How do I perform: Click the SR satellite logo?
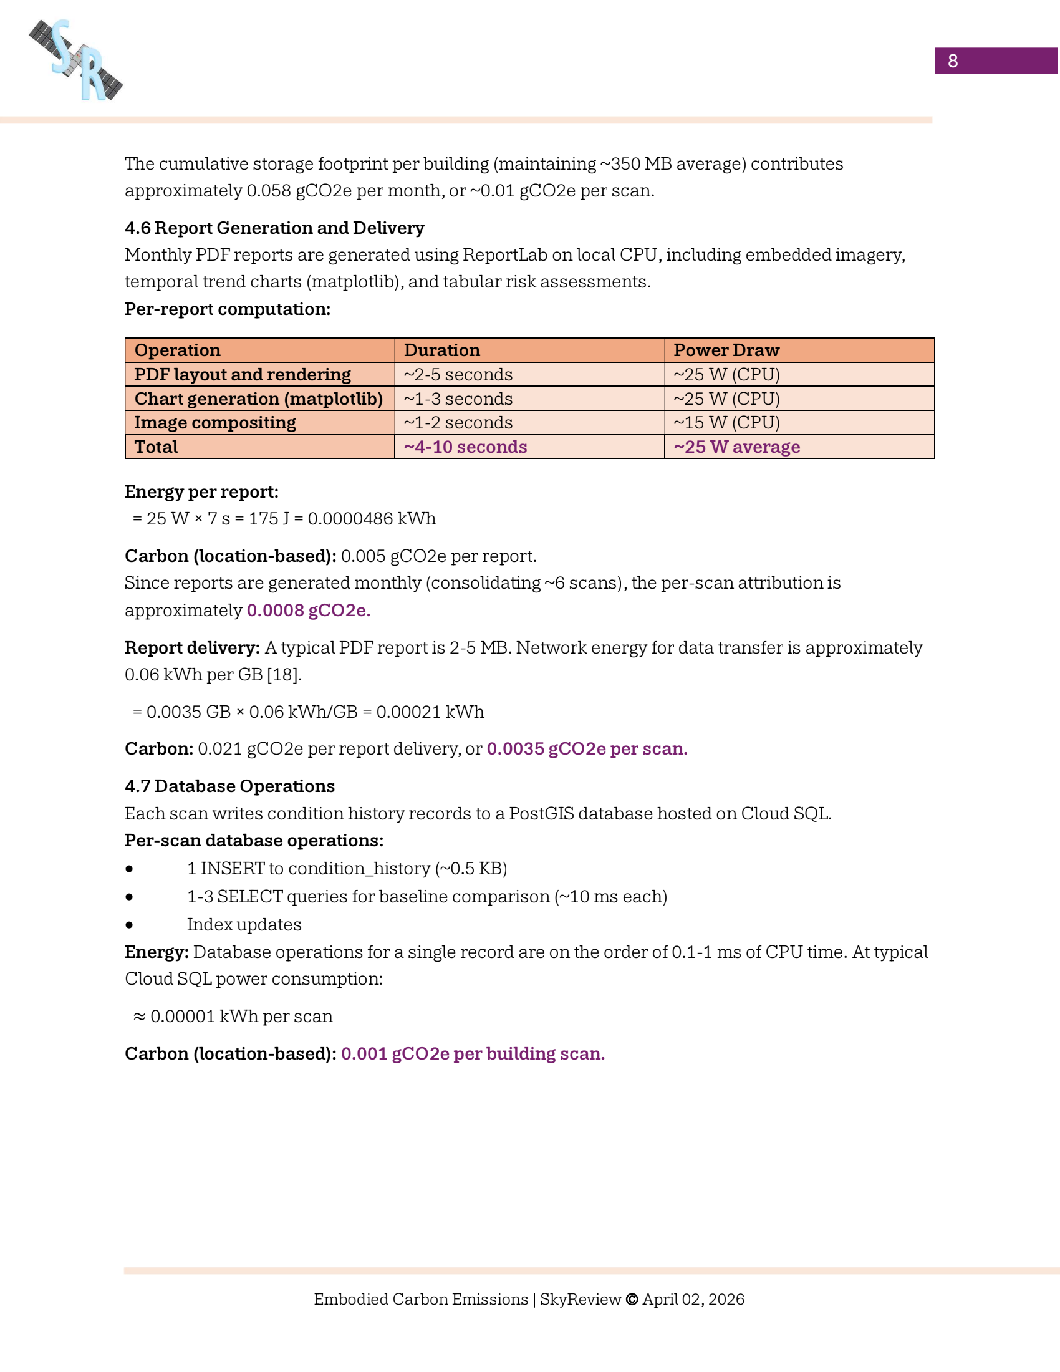click(76, 60)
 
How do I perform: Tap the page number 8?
click(952, 61)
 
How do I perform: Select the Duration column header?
click(441, 350)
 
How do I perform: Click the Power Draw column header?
click(726, 350)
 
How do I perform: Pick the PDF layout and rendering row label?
click(243, 374)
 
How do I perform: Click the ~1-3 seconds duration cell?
click(458, 399)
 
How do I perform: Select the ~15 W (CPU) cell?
click(726, 423)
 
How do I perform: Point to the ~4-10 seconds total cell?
click(465, 447)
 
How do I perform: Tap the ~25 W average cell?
click(736, 447)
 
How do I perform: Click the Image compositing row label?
click(214, 423)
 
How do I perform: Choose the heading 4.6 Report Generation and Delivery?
click(274, 228)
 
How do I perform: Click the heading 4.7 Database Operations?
click(229, 786)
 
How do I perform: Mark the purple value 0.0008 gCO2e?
click(308, 610)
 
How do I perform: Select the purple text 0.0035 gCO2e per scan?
click(587, 749)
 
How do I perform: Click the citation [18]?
click(284, 675)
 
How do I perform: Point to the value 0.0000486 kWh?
click(371, 518)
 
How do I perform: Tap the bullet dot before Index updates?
click(129, 925)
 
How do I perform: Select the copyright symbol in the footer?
click(632, 1299)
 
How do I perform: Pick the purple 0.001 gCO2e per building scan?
click(472, 1053)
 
